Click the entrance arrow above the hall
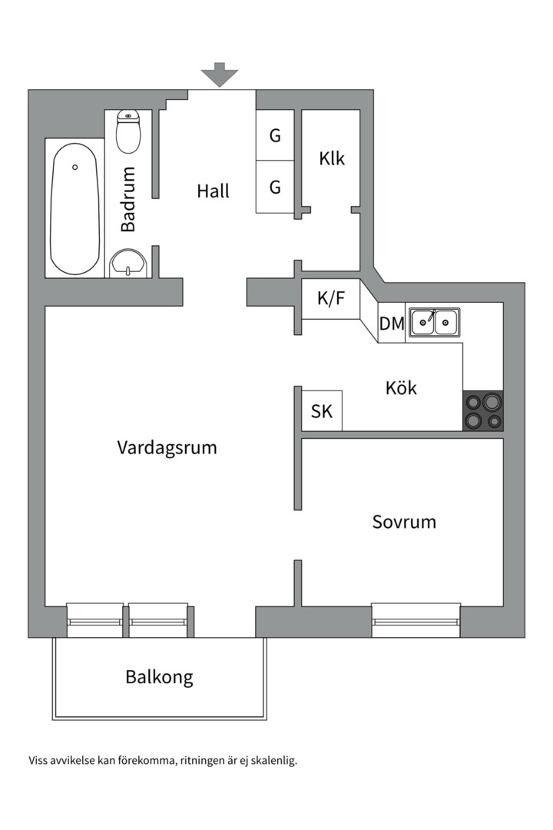[220, 75]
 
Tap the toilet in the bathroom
[127, 131]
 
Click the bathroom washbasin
[127, 264]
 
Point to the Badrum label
[128, 200]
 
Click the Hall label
[213, 191]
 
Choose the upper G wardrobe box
[275, 136]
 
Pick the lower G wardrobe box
[275, 187]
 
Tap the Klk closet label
[332, 159]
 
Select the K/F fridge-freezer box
[331, 299]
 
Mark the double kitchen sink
[434, 321]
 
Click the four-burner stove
[482, 410]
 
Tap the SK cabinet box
[322, 411]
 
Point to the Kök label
[401, 388]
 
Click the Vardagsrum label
[167, 447]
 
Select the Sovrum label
[404, 522]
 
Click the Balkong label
[159, 677]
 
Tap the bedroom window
[416, 620]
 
